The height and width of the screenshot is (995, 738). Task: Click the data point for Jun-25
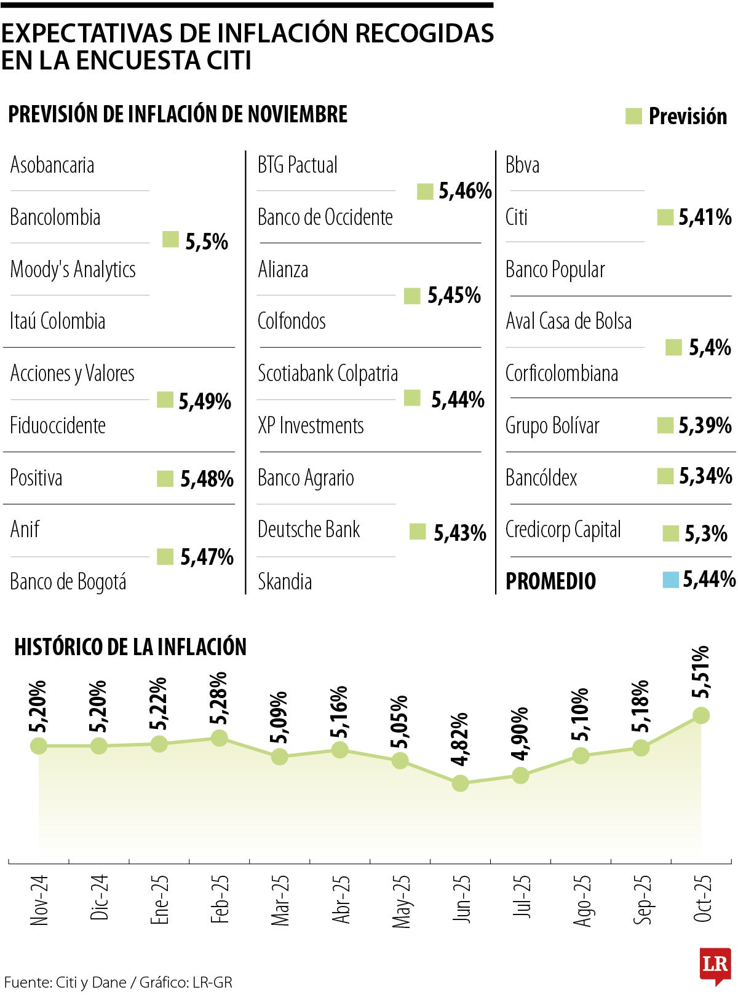pos(460,783)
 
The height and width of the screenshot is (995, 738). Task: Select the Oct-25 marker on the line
pos(700,715)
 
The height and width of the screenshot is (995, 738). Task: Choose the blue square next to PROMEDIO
pos(670,580)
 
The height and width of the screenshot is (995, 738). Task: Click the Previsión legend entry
pos(676,116)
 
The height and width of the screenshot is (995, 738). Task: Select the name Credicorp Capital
pos(563,530)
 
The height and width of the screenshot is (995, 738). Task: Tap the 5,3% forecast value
pos(706,533)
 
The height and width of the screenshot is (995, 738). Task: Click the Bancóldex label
pos(541,478)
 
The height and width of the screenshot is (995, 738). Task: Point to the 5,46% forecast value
pos(465,192)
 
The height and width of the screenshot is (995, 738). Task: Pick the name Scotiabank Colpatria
pos(328,374)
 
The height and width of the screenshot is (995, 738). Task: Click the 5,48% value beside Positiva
pos(207,479)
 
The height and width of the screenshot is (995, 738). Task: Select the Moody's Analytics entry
pos(73,269)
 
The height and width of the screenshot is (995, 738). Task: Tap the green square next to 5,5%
pos(170,240)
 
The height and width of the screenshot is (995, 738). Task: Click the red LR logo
pos(715,964)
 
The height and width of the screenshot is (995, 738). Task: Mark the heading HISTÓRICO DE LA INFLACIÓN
pos(130,647)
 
